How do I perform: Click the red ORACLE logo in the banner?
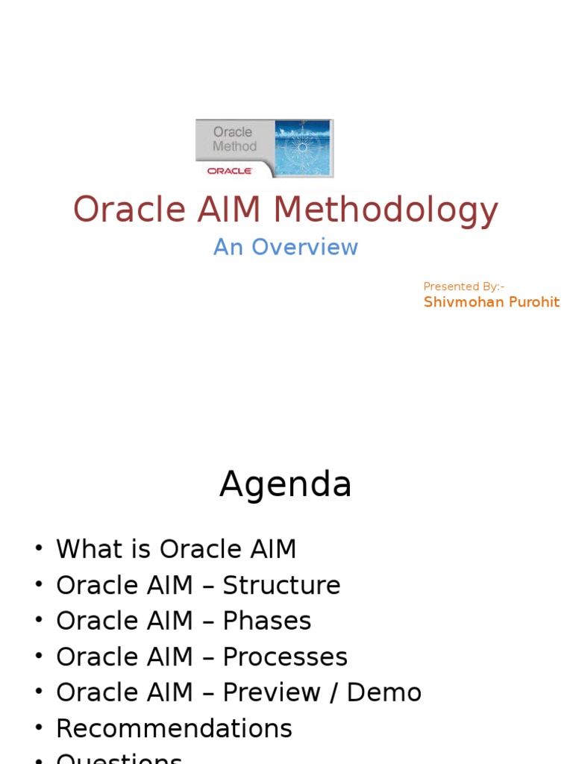pos(230,170)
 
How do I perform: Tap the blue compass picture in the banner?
pos(302,147)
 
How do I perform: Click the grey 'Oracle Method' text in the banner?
pos(234,139)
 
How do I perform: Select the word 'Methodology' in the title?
pos(386,210)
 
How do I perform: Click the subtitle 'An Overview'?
pos(286,247)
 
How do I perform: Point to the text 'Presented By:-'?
pos(463,286)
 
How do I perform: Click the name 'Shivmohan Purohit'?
pos(491,302)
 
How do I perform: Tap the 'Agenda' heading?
pos(285,485)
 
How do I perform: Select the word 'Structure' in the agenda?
pos(281,585)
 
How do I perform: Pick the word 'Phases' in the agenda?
pos(266,621)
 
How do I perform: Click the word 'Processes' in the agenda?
pos(285,657)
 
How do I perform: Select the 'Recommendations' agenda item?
pos(174,728)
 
